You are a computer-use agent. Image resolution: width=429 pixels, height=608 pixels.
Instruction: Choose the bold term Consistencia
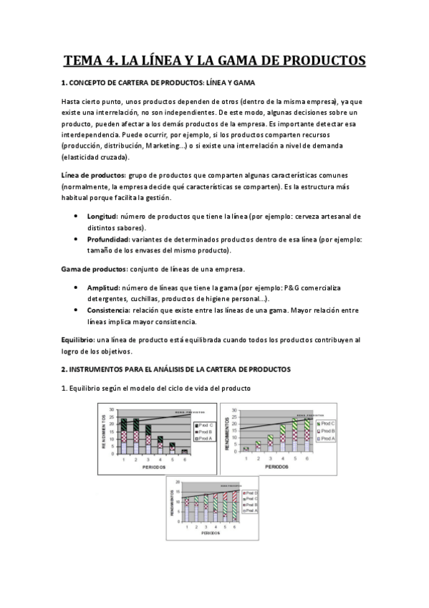tap(110, 310)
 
